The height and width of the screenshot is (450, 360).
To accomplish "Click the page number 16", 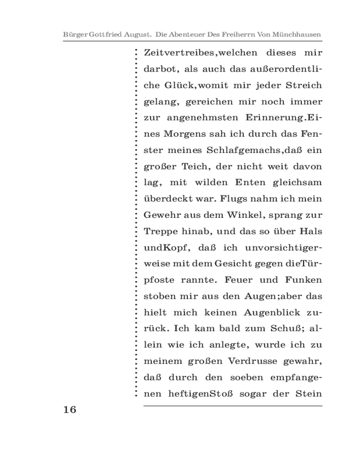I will (70, 409).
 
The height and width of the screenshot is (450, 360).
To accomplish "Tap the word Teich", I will (193, 167).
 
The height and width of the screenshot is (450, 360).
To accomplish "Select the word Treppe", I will (159, 232).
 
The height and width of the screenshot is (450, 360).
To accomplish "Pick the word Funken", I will (303, 280).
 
